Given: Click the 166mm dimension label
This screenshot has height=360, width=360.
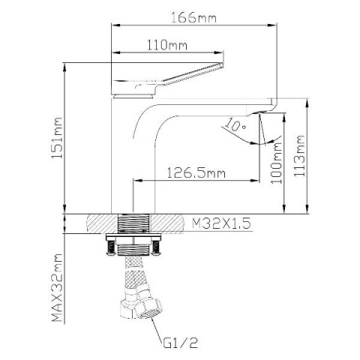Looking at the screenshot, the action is [x=193, y=17].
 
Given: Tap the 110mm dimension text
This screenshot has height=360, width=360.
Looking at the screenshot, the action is [x=166, y=45].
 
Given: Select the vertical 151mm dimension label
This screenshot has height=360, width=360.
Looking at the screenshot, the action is [x=56, y=138].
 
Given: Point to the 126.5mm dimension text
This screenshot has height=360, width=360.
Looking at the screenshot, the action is [x=196, y=172].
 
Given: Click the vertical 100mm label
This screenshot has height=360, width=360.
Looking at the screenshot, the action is [x=276, y=163].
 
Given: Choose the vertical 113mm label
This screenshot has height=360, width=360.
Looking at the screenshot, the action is [x=299, y=156].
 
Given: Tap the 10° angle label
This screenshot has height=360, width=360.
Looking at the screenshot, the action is [x=235, y=125].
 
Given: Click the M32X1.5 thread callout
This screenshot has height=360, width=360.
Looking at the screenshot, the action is [x=221, y=223].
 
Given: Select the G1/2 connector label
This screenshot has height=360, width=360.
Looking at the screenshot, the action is [x=181, y=343].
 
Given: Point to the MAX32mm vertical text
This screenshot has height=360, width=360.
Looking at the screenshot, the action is [x=57, y=287].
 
